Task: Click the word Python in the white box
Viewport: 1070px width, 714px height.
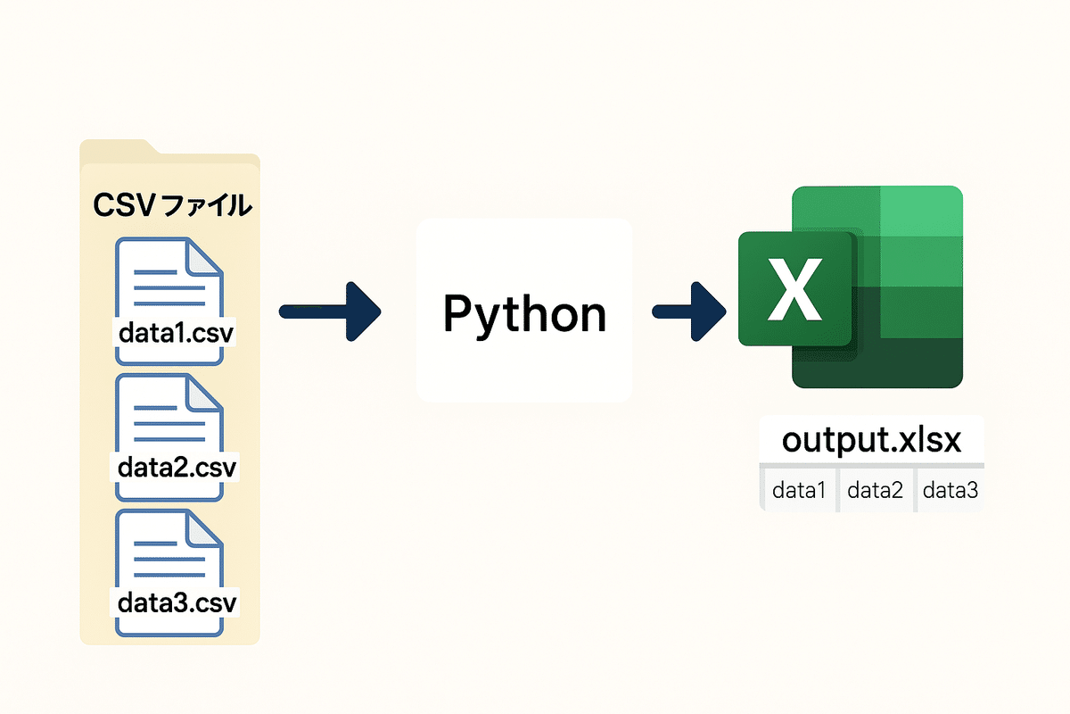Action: (524, 313)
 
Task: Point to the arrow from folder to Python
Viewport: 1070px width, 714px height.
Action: (330, 311)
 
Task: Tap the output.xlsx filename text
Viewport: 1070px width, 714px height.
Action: (871, 441)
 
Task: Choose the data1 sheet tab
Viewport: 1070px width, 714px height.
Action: (799, 490)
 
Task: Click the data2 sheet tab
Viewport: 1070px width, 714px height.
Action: (875, 490)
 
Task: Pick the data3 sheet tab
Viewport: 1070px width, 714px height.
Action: (950, 490)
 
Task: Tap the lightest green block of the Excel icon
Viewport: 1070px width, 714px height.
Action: (921, 211)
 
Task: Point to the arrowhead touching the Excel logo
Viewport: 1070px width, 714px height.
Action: (712, 311)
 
